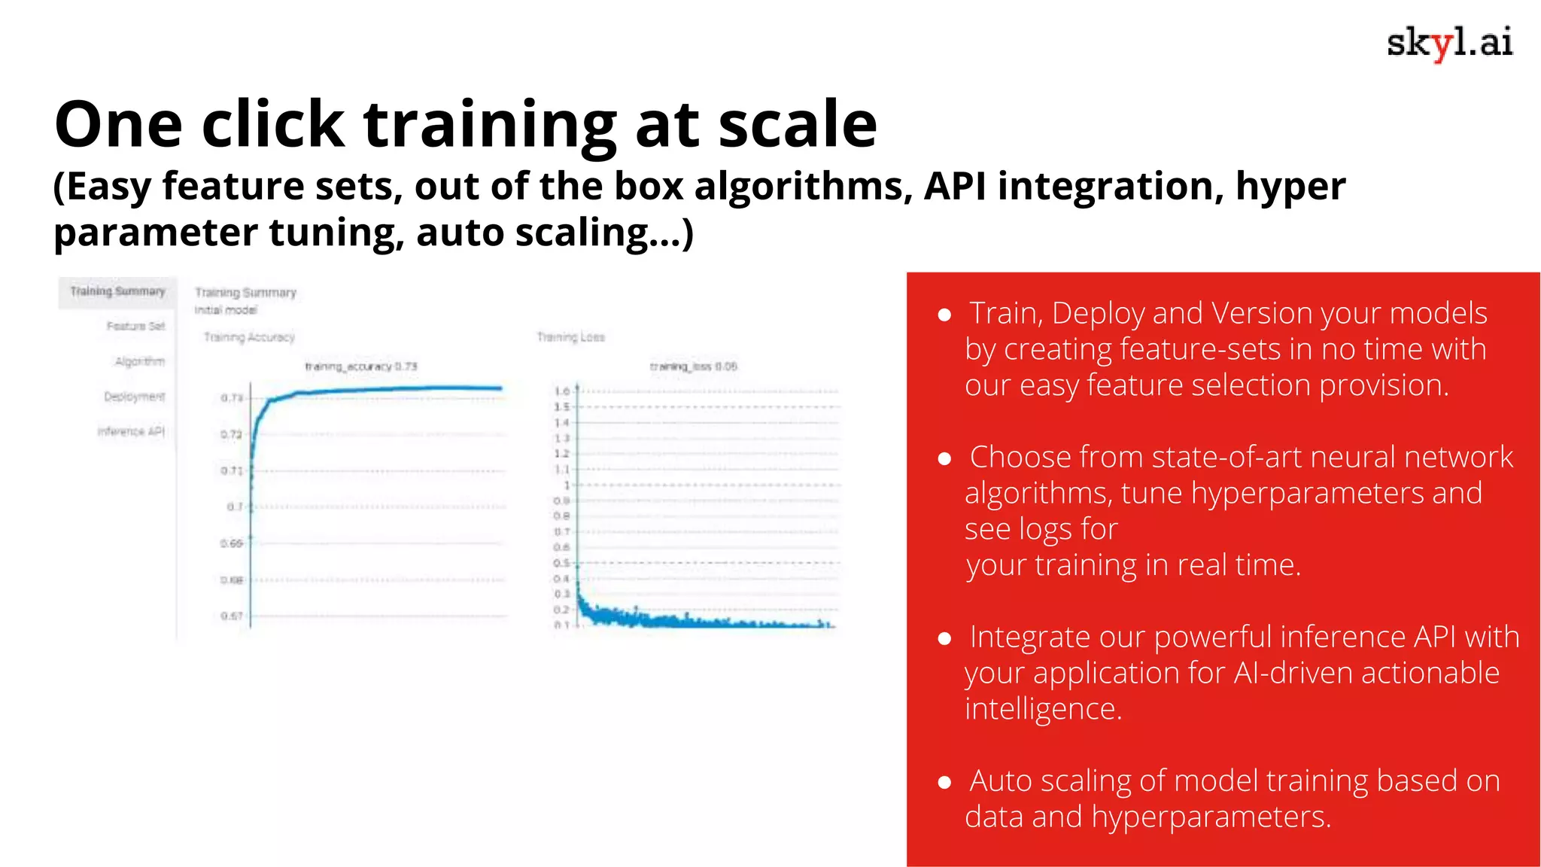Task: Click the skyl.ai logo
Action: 1448,43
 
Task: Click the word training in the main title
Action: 490,124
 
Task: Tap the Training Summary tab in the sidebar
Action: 117,292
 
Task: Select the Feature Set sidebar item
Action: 135,327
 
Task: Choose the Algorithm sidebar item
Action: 140,362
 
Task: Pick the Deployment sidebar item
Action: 134,397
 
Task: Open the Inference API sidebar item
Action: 131,431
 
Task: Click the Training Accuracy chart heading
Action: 249,337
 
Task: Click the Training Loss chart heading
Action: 570,337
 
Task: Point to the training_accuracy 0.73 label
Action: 361,367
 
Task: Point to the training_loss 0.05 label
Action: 693,367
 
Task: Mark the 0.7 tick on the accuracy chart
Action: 235,507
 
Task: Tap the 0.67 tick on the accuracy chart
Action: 231,616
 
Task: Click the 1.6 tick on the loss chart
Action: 562,391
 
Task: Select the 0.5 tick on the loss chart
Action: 562,563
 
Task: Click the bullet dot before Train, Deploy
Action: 945,315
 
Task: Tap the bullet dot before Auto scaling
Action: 945,783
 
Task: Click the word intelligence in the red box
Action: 1043,709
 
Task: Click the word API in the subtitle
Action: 954,187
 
